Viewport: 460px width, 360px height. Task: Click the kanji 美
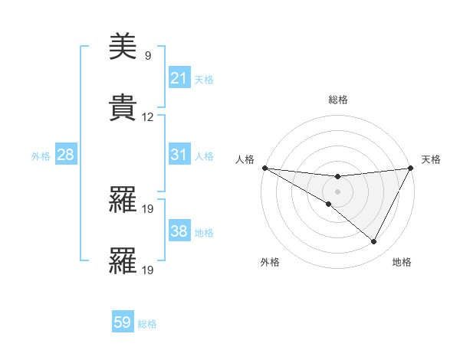pos(123,48)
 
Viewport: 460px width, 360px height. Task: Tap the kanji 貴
pos(123,108)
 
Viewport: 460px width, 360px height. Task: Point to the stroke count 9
pos(147,56)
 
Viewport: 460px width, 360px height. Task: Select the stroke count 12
pos(148,117)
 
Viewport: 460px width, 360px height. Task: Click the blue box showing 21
pos(179,78)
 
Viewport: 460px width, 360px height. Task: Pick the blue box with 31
pos(179,155)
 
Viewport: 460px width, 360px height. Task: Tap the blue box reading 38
pos(179,231)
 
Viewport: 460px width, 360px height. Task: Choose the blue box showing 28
pos(65,155)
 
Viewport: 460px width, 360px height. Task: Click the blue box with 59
pos(123,322)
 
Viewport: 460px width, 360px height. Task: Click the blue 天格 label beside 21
pos(204,79)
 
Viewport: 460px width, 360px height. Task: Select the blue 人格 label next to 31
pos(204,155)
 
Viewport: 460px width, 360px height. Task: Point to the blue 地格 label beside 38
pos(204,232)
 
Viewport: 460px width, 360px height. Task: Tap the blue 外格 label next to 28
pos(41,155)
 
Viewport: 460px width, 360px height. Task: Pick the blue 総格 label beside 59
pos(147,323)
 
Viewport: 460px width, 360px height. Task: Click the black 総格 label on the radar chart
pos(337,100)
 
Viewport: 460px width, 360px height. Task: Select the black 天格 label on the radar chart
pos(432,159)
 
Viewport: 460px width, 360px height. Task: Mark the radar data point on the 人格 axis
pos(264,168)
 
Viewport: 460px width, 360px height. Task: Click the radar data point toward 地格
pos(374,242)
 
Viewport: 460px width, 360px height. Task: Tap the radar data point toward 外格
pos(329,204)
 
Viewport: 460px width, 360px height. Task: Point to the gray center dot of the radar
pos(337,191)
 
